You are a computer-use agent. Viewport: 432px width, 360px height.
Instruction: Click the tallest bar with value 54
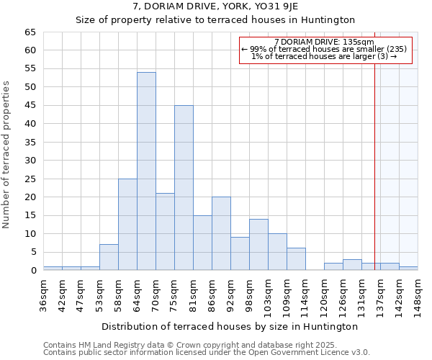point(146,171)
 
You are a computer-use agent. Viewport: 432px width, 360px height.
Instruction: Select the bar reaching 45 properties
point(184,188)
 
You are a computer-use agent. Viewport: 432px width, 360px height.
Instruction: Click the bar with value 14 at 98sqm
point(258,245)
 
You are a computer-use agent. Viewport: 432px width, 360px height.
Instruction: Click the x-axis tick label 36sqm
point(43,294)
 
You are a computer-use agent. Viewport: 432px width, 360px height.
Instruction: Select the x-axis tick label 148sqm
point(418,294)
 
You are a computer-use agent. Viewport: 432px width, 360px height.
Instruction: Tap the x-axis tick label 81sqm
point(193,294)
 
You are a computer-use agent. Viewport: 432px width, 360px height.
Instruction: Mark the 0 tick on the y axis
point(33,271)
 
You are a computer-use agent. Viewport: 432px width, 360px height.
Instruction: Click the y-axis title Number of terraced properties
point(7,154)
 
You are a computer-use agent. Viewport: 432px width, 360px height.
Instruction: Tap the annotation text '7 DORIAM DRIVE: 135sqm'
point(324,42)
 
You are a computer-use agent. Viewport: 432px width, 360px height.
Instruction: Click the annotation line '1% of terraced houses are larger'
point(324,56)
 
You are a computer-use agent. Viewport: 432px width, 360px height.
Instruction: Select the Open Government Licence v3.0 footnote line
point(207,352)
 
